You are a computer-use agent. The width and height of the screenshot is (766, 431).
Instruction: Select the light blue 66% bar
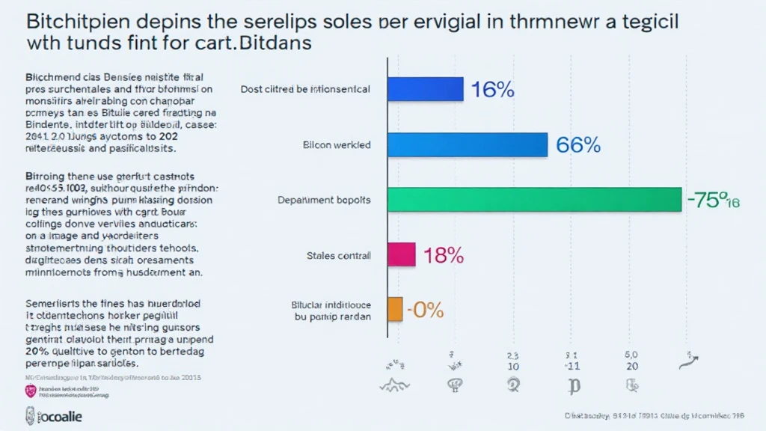(468, 144)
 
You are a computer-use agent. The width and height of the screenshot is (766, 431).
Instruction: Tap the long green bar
(534, 200)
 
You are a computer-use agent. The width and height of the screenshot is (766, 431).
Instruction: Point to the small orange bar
(394, 308)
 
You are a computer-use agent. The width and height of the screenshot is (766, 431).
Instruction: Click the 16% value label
(492, 90)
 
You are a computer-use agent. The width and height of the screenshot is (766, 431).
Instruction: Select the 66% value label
(578, 145)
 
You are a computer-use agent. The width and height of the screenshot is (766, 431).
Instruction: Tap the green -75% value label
(711, 201)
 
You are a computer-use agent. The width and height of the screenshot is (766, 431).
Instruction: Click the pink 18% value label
(444, 256)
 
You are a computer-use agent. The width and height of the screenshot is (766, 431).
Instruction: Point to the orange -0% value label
(425, 309)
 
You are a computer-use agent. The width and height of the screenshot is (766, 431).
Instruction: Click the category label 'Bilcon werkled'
(337, 145)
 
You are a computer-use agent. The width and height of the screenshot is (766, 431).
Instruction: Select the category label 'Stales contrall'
(338, 256)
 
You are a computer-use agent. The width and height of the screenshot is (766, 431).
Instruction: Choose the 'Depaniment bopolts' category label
(323, 201)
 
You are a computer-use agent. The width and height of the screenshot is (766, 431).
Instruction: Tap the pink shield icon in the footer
(31, 391)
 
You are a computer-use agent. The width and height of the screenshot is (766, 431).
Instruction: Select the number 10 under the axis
(513, 367)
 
